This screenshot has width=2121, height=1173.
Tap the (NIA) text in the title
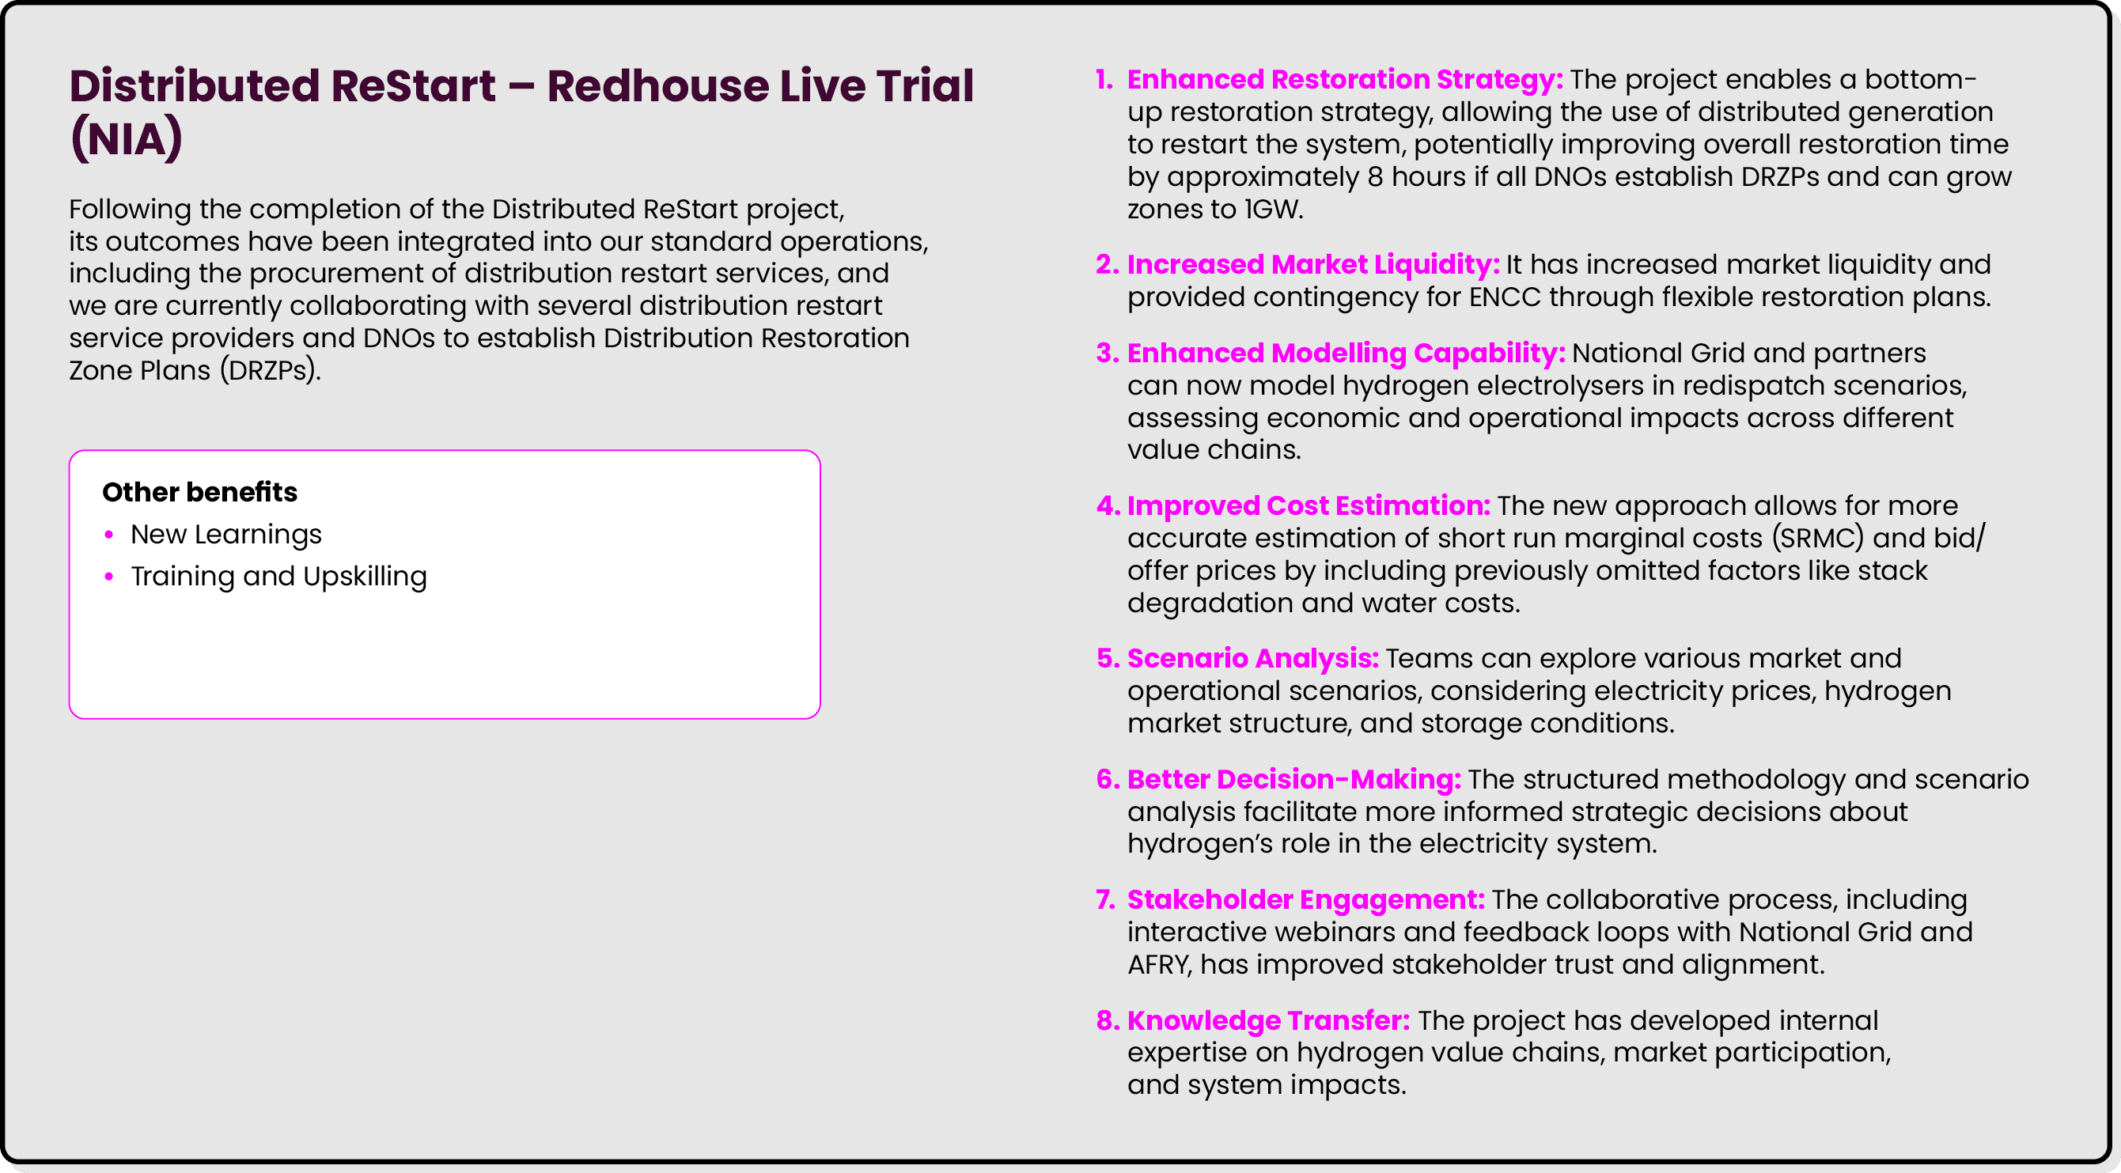[x=126, y=138]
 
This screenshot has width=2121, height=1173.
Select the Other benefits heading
[x=199, y=491]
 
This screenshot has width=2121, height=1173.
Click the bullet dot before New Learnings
[x=108, y=535]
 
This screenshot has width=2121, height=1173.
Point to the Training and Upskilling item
[x=278, y=576]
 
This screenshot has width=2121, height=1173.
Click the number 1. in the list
[x=1104, y=80]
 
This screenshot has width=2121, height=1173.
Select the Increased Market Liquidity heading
[x=1312, y=264]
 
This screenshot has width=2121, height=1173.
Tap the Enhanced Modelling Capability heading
[x=1346, y=353]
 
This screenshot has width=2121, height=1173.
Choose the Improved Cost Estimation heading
[x=1309, y=505]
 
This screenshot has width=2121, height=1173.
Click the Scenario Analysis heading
[x=1252, y=659]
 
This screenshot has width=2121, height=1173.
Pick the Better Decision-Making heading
[x=1293, y=779]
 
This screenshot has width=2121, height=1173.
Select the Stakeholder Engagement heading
[x=1305, y=899]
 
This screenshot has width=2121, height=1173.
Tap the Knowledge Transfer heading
[x=1268, y=1020]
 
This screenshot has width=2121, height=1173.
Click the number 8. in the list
[x=1108, y=1020]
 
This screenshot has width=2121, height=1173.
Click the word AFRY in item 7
[x=1159, y=965]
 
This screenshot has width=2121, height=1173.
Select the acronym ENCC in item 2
[x=1504, y=297]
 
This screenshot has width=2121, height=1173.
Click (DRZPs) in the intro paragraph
[x=270, y=370]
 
